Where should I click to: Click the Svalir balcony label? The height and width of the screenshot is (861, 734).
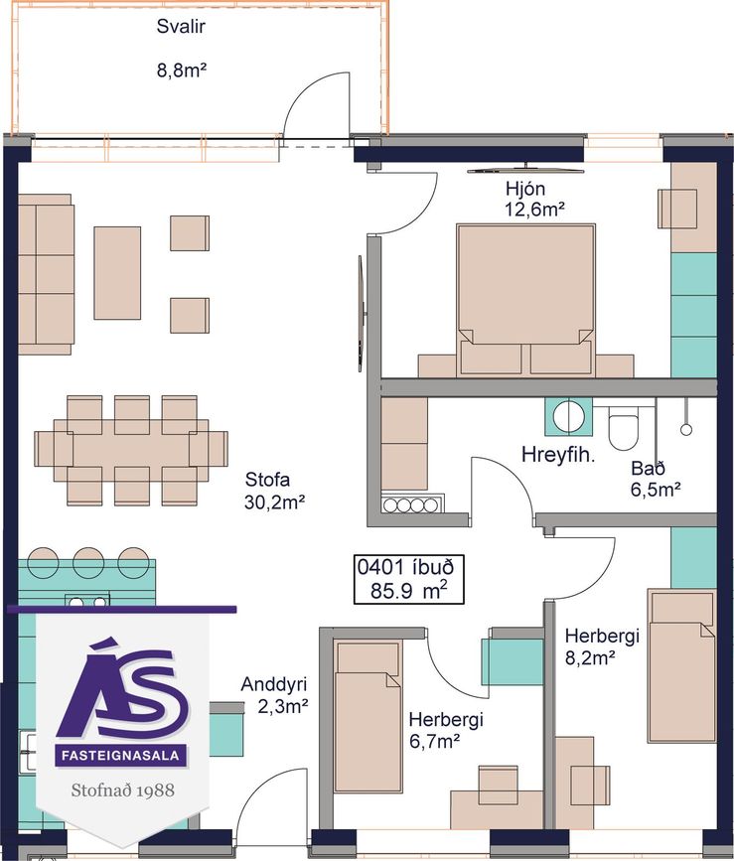[181, 27]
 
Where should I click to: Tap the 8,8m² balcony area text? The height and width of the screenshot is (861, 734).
[182, 71]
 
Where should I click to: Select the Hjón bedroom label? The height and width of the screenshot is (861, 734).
[525, 189]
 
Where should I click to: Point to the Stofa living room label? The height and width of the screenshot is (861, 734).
[267, 480]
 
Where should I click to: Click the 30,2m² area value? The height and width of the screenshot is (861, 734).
[274, 502]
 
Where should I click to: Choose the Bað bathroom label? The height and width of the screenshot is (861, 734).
[648, 468]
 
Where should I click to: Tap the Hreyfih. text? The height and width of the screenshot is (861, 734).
[558, 455]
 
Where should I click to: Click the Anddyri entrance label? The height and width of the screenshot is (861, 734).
[274, 684]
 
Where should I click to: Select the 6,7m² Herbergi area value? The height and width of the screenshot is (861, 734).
[435, 741]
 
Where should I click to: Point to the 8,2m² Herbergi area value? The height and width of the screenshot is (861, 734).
[590, 657]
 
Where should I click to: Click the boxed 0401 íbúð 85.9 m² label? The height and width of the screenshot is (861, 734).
[408, 579]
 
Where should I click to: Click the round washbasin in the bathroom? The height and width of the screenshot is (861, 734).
[568, 416]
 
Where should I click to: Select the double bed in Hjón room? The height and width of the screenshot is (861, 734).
[526, 299]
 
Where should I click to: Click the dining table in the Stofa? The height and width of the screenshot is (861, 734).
[131, 450]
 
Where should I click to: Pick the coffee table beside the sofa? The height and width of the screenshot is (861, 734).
[117, 273]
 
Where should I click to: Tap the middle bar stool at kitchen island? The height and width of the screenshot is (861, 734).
[88, 562]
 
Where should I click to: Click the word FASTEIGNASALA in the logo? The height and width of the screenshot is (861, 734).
[120, 756]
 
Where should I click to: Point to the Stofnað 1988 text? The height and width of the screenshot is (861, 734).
[123, 790]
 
